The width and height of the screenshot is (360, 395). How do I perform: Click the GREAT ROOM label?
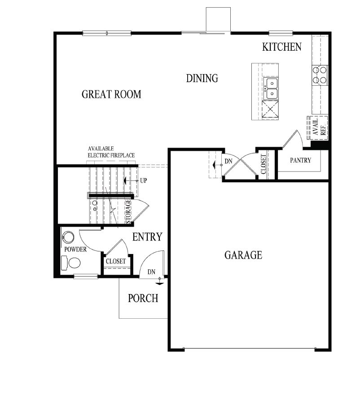click(x=111, y=94)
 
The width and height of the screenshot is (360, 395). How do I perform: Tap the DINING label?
click(x=202, y=79)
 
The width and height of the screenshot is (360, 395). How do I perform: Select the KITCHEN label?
click(x=282, y=47)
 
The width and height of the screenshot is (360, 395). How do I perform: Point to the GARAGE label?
click(x=243, y=255)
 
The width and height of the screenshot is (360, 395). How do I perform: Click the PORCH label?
click(x=143, y=298)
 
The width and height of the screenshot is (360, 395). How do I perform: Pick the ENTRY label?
click(x=147, y=237)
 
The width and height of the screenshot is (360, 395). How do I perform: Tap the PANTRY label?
click(x=300, y=160)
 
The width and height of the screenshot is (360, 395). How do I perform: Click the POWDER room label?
click(x=75, y=250)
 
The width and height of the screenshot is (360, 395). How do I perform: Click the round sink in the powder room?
click(x=69, y=237)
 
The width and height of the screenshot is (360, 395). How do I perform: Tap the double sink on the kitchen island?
click(x=271, y=88)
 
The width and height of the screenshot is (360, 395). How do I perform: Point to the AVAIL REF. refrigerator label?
click(x=319, y=128)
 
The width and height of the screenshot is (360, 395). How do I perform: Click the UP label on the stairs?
click(x=144, y=181)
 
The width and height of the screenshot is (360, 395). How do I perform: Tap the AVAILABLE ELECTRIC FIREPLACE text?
click(x=111, y=152)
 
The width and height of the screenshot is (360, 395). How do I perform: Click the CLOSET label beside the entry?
click(x=116, y=261)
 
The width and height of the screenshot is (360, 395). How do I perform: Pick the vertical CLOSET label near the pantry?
click(x=263, y=164)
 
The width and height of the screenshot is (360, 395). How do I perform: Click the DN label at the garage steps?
click(x=228, y=161)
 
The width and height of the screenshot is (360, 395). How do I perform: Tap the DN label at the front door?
click(x=152, y=272)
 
